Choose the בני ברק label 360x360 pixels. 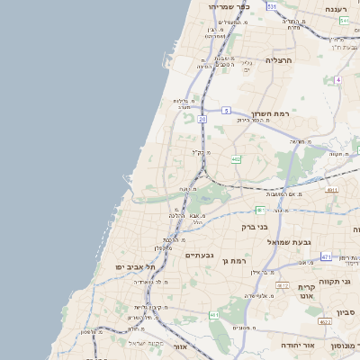256,227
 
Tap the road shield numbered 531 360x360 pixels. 272,6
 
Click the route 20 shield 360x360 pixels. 202,118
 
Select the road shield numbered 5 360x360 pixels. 227,110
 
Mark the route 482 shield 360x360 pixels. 236,159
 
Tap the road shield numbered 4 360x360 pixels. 338,80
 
